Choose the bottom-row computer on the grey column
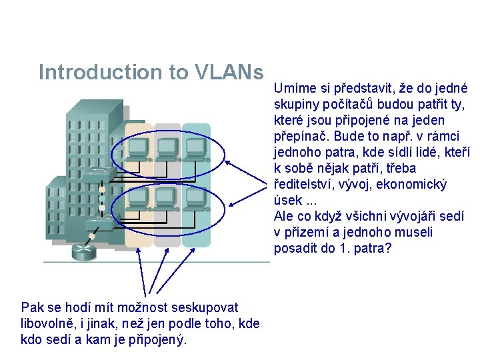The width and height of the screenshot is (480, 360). [x=166, y=198]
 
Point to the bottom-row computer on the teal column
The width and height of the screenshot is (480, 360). [x=195, y=198]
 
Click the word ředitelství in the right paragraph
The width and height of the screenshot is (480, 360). [x=303, y=185]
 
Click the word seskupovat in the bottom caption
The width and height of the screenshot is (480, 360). [x=202, y=307]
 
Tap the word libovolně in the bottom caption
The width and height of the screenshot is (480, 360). [x=47, y=323]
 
